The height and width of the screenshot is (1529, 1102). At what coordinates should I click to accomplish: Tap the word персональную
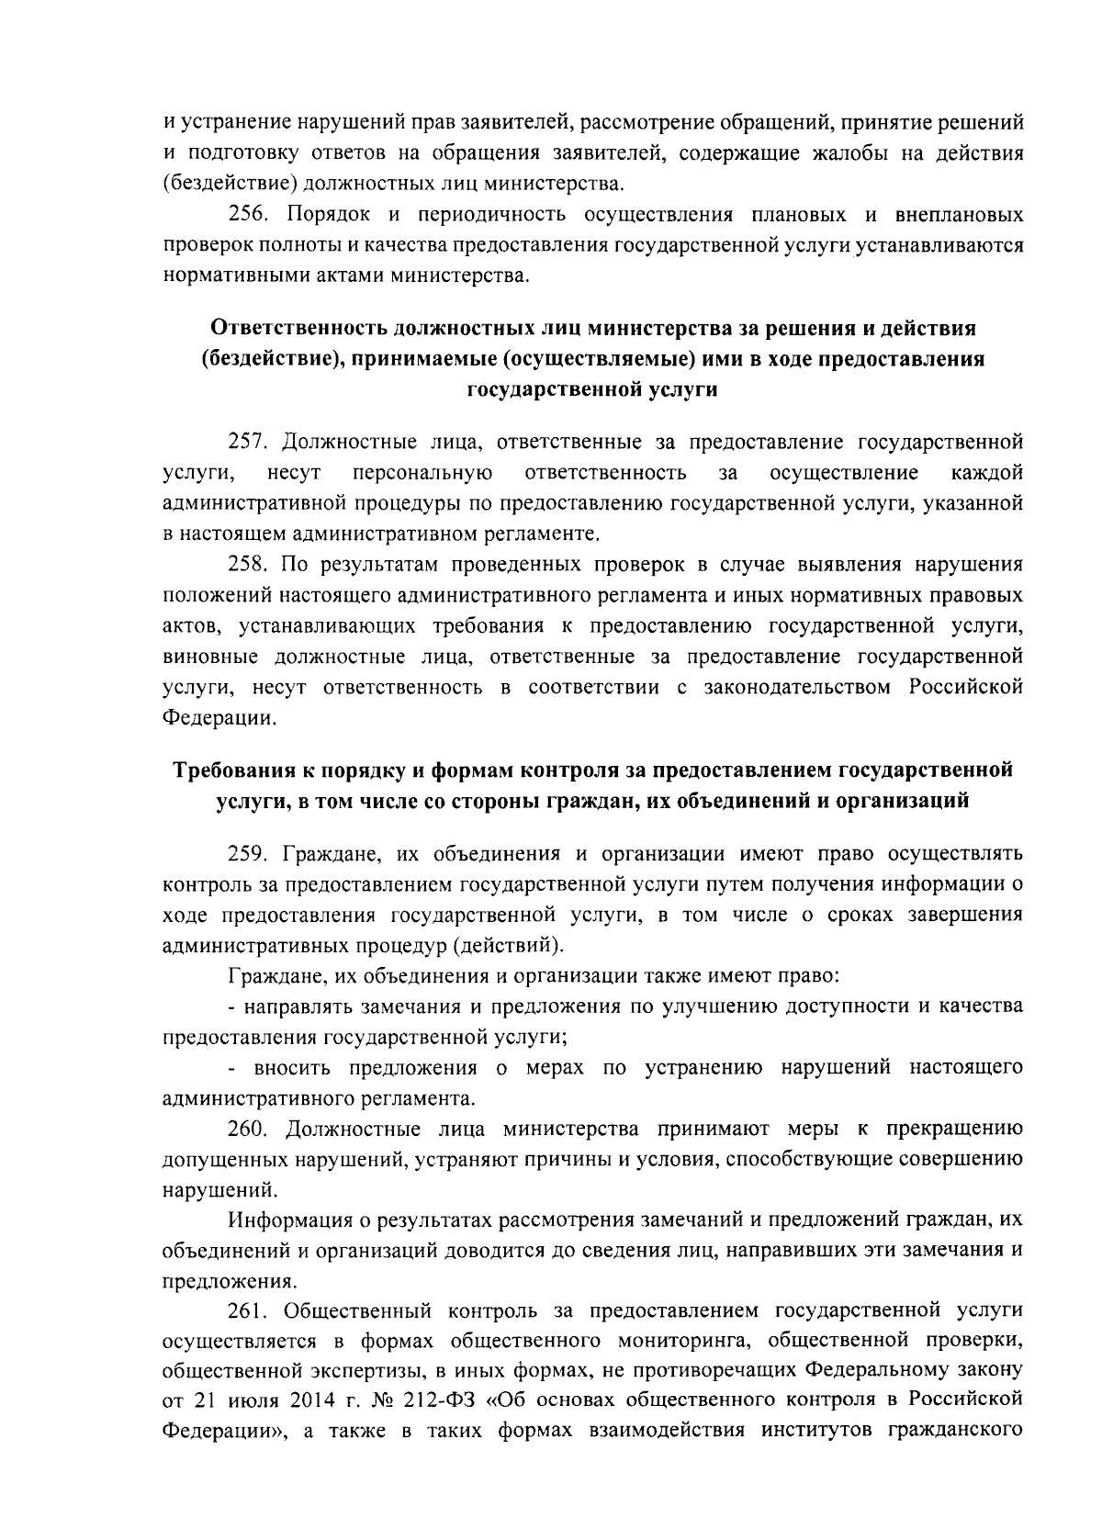422,473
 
